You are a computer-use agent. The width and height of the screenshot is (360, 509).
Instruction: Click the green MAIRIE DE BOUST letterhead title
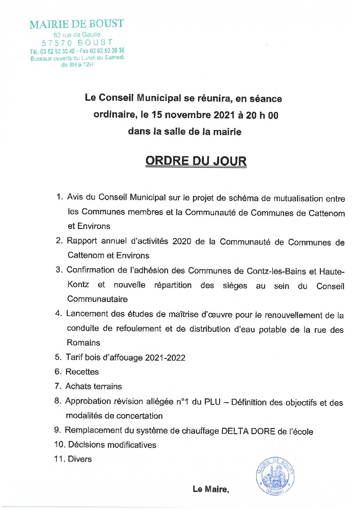tap(76, 24)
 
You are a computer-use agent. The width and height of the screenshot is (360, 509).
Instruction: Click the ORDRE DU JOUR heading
tap(196, 161)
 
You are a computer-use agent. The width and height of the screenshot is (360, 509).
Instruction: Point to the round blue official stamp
tap(275, 476)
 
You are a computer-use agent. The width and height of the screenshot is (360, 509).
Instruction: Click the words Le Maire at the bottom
tap(210, 489)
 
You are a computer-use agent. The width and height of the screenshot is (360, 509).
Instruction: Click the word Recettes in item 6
tap(82, 372)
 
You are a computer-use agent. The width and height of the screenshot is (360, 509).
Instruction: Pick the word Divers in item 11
tap(80, 459)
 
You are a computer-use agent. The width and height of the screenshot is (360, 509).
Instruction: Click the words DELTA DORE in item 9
tap(248, 431)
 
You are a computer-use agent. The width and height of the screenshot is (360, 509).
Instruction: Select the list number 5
tap(58, 357)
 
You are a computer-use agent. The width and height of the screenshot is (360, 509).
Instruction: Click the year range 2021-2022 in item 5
tap(165, 358)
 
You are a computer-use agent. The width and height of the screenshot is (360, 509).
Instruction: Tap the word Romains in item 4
tap(83, 343)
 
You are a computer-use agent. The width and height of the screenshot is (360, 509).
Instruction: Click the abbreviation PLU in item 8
tap(212, 401)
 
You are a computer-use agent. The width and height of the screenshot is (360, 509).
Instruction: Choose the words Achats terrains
tap(94, 386)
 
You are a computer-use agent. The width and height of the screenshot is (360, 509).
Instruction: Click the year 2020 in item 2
tap(182, 241)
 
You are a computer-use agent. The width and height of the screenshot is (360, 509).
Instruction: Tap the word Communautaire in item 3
tap(97, 299)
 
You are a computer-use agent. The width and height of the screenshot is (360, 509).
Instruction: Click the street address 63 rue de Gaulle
tap(77, 34)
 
